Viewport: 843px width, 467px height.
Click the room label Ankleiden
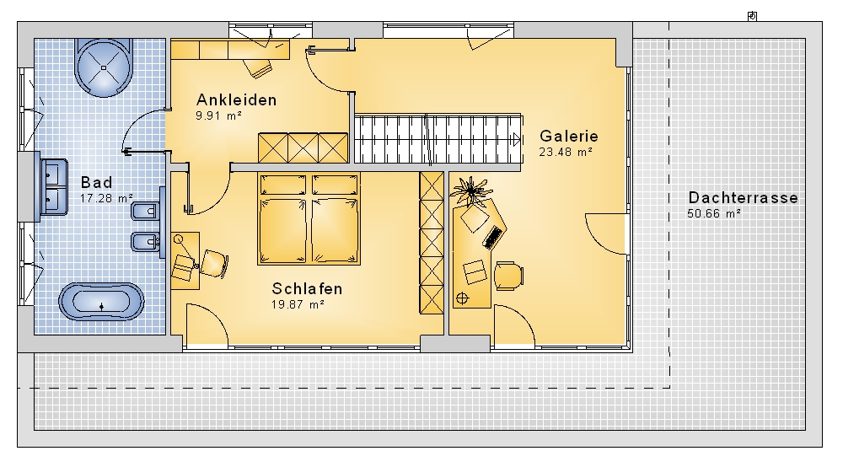click(237, 100)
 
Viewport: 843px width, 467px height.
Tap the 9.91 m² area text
click(218, 115)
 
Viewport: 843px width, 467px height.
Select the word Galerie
click(569, 136)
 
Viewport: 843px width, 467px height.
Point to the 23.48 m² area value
click(566, 152)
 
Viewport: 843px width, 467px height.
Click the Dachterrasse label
click(743, 198)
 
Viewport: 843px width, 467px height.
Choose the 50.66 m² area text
click(714, 213)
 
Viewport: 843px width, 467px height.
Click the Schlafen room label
click(307, 288)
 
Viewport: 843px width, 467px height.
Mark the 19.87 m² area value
click(298, 304)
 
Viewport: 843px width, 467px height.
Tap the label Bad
click(97, 182)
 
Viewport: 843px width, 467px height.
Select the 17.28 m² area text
click(106, 198)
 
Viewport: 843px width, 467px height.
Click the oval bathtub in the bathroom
click(102, 302)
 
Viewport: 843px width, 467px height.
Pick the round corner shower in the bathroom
click(103, 67)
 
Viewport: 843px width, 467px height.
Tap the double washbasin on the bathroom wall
click(54, 187)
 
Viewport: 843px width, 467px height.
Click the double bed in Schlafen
click(309, 218)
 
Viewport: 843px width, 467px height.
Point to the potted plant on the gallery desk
click(471, 191)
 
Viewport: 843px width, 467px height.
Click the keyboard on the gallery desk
click(492, 238)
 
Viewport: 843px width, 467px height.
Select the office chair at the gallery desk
click(508, 276)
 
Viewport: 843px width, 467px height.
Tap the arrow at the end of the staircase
click(517, 140)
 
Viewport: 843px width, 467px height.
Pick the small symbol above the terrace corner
click(752, 16)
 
